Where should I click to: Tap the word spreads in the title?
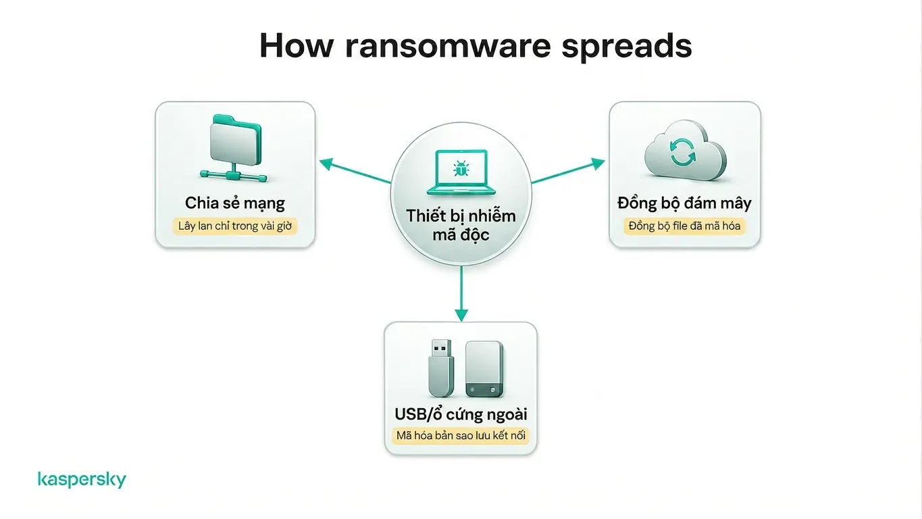(x=627, y=46)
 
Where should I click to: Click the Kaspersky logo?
(x=82, y=479)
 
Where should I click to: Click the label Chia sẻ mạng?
(x=234, y=203)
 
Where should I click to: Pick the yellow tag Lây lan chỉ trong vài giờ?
(x=234, y=226)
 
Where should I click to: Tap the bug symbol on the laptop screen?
(x=461, y=168)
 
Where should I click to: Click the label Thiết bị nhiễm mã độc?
(x=461, y=225)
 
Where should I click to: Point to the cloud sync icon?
(x=685, y=150)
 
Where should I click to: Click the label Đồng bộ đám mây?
(x=684, y=203)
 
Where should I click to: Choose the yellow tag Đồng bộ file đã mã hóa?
(x=684, y=226)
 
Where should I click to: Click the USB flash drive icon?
(x=441, y=368)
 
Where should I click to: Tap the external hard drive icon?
(x=484, y=369)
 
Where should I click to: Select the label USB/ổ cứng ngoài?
(x=461, y=414)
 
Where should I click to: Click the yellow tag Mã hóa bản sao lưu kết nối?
(x=461, y=436)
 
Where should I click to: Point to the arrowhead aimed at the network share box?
(x=326, y=164)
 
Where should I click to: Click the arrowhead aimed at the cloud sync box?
(x=598, y=164)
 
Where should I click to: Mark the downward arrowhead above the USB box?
(x=461, y=315)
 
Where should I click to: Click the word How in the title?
(x=297, y=46)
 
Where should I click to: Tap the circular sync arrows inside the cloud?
(x=682, y=152)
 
